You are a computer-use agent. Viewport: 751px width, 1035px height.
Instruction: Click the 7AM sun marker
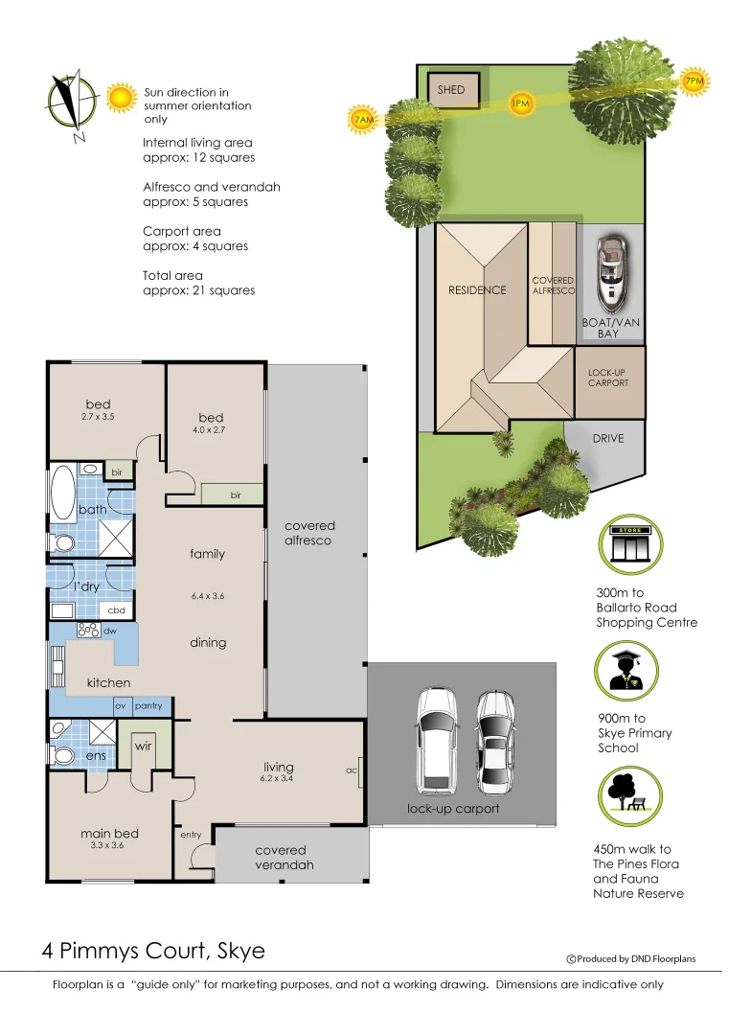[x=362, y=120]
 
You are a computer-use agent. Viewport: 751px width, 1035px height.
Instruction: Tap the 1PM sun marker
[x=520, y=103]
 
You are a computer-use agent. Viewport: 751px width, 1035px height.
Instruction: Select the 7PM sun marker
[x=694, y=81]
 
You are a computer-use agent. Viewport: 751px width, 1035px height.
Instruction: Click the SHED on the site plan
[x=451, y=90]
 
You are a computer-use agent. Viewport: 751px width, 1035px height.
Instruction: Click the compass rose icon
[x=71, y=102]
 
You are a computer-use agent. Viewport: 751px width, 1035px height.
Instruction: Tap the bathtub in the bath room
[x=64, y=491]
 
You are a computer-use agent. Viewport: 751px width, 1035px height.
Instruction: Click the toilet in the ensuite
[x=63, y=756]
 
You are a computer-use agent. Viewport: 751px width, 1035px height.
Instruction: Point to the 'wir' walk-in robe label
[x=142, y=746]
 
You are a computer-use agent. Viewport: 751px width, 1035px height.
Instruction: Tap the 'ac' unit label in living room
[x=352, y=769]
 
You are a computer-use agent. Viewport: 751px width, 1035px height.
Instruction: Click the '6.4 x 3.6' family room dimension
[x=207, y=596]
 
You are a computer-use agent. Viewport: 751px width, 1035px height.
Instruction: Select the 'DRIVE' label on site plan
[x=607, y=438]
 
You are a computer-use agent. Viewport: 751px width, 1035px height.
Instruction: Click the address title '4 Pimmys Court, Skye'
[x=153, y=952]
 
